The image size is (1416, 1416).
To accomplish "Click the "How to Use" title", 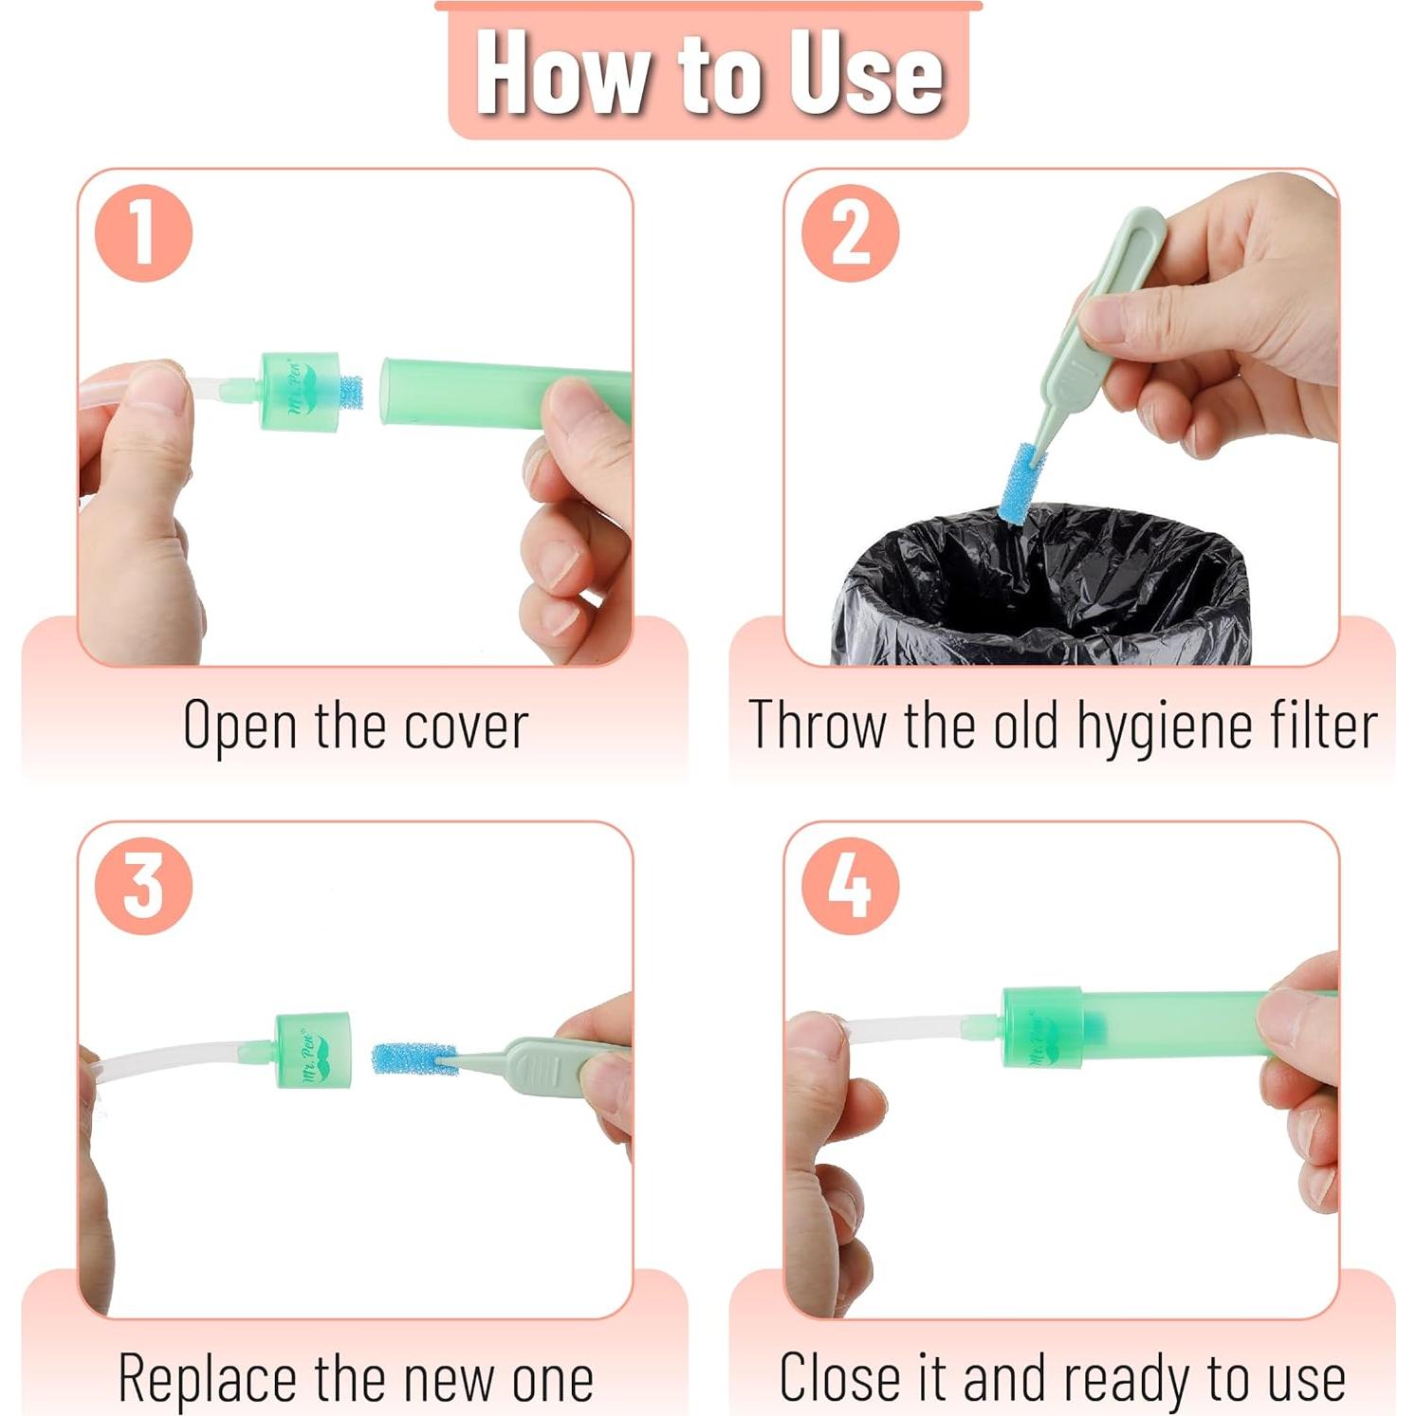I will tap(708, 73).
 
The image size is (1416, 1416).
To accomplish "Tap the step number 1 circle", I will tap(143, 232).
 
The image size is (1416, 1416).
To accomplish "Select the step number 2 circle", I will tap(850, 232).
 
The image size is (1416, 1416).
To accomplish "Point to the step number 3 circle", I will tap(143, 886).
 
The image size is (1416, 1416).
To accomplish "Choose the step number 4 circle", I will tap(850, 886).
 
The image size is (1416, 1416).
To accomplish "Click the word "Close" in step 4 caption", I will tap(839, 1378).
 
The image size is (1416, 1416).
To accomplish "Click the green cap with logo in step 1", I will tap(300, 392).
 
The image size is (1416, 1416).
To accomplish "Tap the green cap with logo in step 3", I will tap(314, 1050).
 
